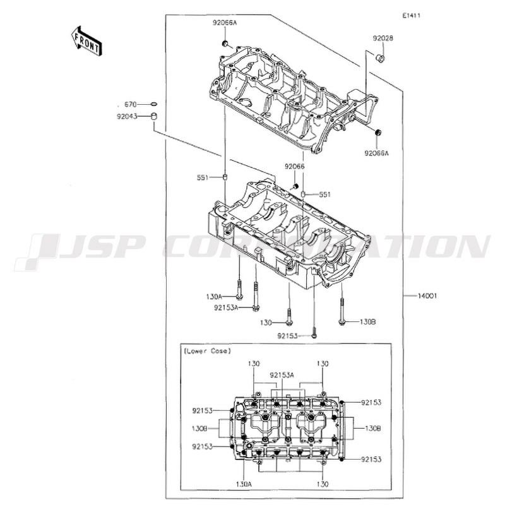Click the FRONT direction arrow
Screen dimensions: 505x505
click(x=86, y=41)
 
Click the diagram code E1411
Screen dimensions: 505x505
click(x=411, y=15)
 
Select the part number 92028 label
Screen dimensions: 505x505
click(x=383, y=39)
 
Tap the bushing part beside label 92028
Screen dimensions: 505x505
click(x=381, y=58)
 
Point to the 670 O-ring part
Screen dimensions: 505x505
click(x=154, y=104)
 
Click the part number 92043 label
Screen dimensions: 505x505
click(x=127, y=116)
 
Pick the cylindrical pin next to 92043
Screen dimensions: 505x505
click(x=154, y=116)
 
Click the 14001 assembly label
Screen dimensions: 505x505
click(x=427, y=295)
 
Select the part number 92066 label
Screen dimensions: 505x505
click(x=294, y=167)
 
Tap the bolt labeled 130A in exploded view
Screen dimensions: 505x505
click(x=239, y=289)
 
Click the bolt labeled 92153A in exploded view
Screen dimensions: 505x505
click(x=256, y=297)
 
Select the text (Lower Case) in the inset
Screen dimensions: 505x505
click(x=207, y=351)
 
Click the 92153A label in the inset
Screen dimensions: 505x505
click(x=282, y=375)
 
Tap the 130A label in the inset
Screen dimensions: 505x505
click(x=244, y=484)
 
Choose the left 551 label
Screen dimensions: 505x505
click(x=203, y=177)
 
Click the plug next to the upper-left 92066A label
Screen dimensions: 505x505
click(x=225, y=43)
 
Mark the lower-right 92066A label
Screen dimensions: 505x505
click(x=376, y=153)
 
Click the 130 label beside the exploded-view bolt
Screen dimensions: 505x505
click(x=266, y=323)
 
